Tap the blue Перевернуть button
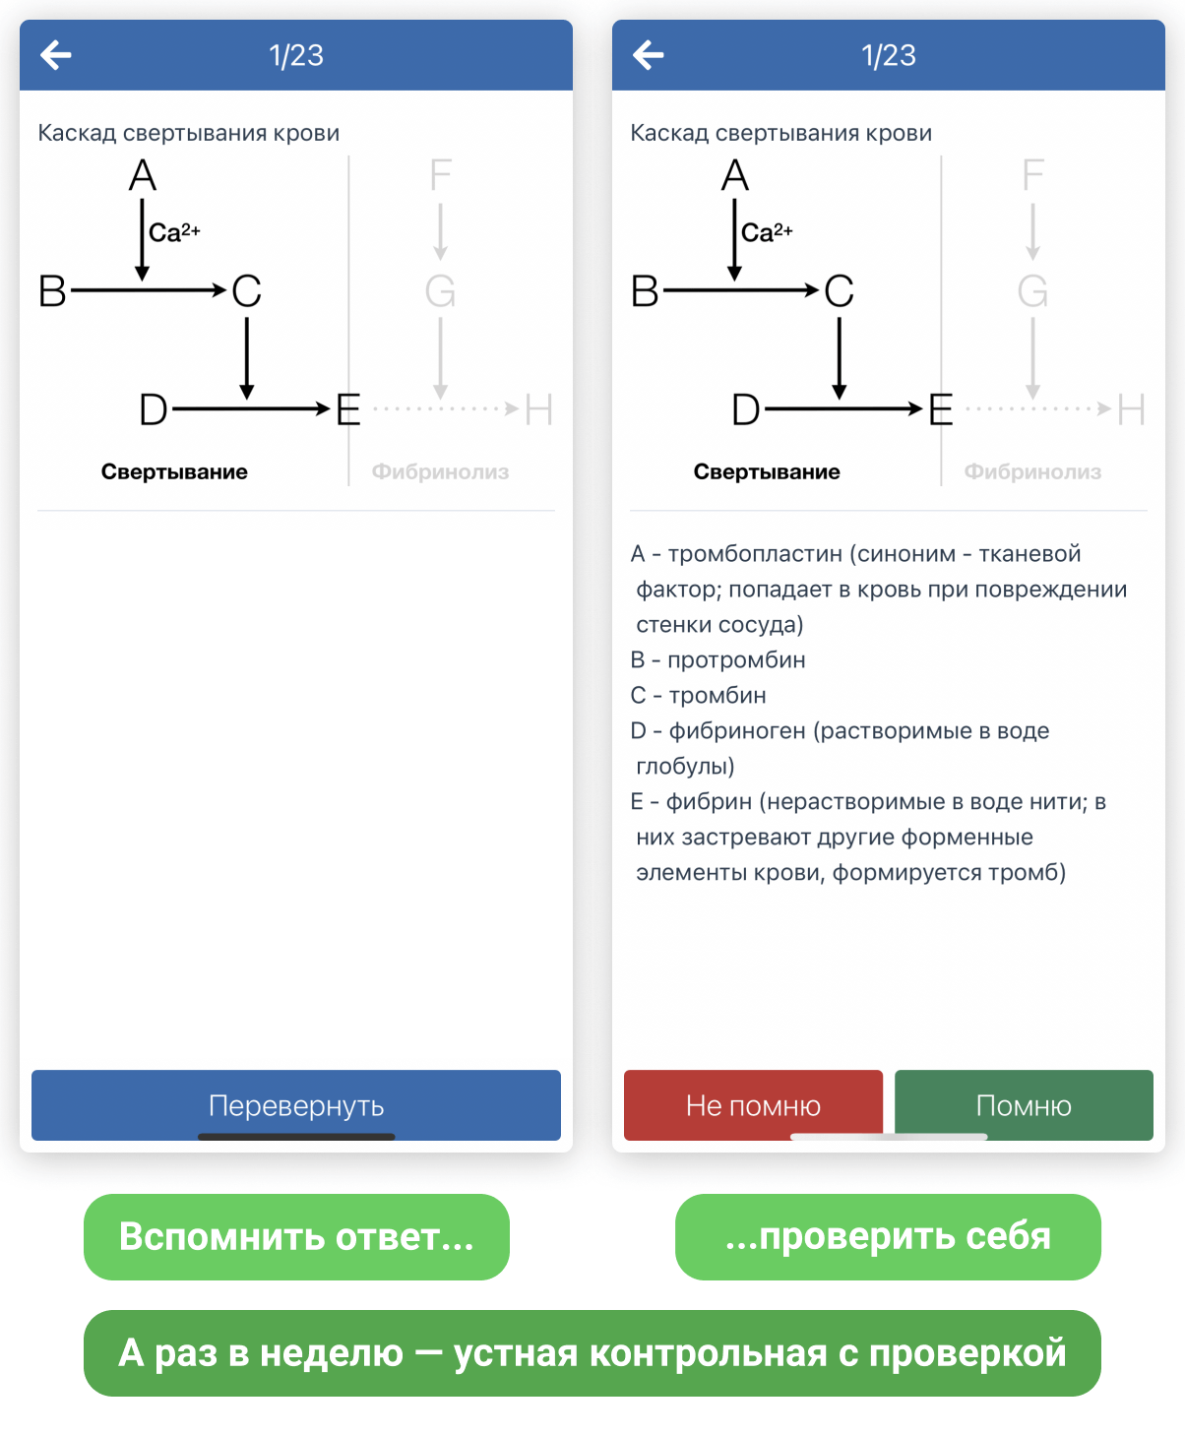(x=295, y=1104)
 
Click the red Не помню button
(x=753, y=1104)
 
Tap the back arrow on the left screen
(x=56, y=55)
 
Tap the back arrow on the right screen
(x=649, y=55)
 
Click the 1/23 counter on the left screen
(x=296, y=55)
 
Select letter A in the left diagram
(x=143, y=176)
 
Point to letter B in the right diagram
(x=645, y=291)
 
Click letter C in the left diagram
(x=247, y=291)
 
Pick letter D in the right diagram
(x=746, y=409)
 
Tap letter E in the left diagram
(x=348, y=409)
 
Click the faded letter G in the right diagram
(x=1032, y=291)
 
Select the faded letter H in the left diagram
(x=538, y=409)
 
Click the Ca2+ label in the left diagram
(x=174, y=232)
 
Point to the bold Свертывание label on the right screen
(x=767, y=471)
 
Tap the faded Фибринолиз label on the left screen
(x=440, y=471)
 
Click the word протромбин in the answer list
(x=736, y=659)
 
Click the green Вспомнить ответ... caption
(x=296, y=1236)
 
